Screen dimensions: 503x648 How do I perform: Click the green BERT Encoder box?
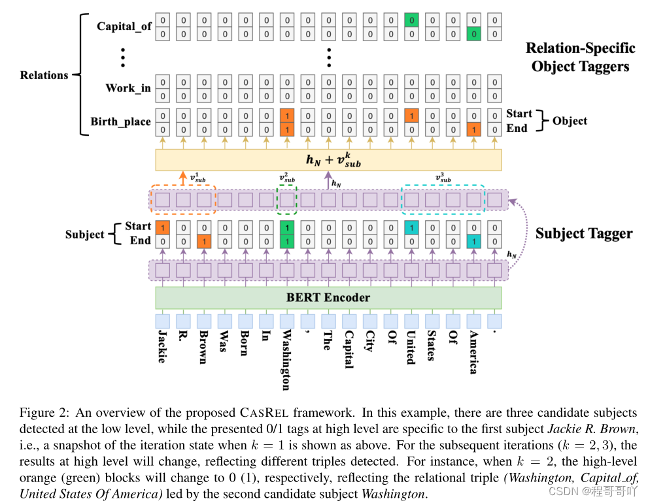[328, 298]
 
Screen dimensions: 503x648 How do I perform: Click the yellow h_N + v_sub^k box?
[328, 160]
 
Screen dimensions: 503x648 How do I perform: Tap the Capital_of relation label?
[124, 27]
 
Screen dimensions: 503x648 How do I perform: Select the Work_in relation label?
[128, 88]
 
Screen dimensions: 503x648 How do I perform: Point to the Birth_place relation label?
[120, 122]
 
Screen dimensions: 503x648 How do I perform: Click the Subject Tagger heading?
[584, 233]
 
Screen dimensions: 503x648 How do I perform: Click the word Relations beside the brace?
[44, 75]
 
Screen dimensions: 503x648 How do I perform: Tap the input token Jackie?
[163, 346]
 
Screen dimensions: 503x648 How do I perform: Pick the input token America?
[473, 352]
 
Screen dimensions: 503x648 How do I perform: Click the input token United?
[411, 347]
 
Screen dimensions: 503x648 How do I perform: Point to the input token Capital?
[349, 350]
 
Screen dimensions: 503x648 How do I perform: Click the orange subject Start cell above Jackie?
[163, 227]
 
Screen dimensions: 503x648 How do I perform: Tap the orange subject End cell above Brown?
[204, 240]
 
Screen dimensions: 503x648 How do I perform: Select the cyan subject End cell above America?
[473, 240]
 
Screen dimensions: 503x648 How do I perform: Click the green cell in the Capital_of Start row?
[411, 20]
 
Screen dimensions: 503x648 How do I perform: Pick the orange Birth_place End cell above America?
[473, 129]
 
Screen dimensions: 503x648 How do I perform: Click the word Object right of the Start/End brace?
[570, 121]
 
